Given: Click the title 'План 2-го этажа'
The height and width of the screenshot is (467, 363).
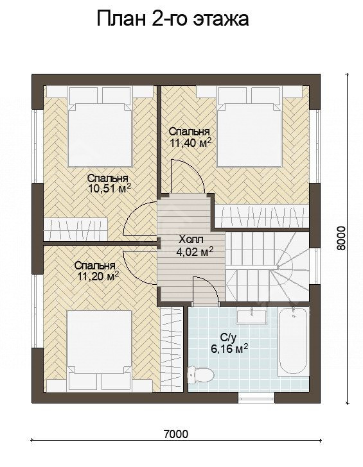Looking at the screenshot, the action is (173, 19).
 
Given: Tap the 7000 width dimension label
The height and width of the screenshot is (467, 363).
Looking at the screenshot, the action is (176, 434).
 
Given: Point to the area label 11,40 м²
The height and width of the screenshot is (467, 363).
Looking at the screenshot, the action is (191, 142).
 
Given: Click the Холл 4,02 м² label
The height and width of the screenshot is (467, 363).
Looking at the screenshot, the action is (195, 246).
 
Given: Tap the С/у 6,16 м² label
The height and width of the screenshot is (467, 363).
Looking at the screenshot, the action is (229, 343).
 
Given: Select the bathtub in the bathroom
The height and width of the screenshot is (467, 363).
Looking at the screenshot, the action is (293, 341).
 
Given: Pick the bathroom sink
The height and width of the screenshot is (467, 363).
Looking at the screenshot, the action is (252, 316).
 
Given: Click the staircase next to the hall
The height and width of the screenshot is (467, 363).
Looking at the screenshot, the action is (267, 267).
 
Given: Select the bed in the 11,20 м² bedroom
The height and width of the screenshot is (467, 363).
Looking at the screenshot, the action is (100, 350).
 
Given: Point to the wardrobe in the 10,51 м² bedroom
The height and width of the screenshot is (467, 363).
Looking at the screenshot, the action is (76, 230).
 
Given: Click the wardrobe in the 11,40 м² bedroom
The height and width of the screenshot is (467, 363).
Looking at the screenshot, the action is (262, 216).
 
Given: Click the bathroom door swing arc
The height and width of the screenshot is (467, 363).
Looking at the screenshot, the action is (206, 289).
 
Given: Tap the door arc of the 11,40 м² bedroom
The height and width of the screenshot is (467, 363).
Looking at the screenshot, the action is (188, 175).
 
